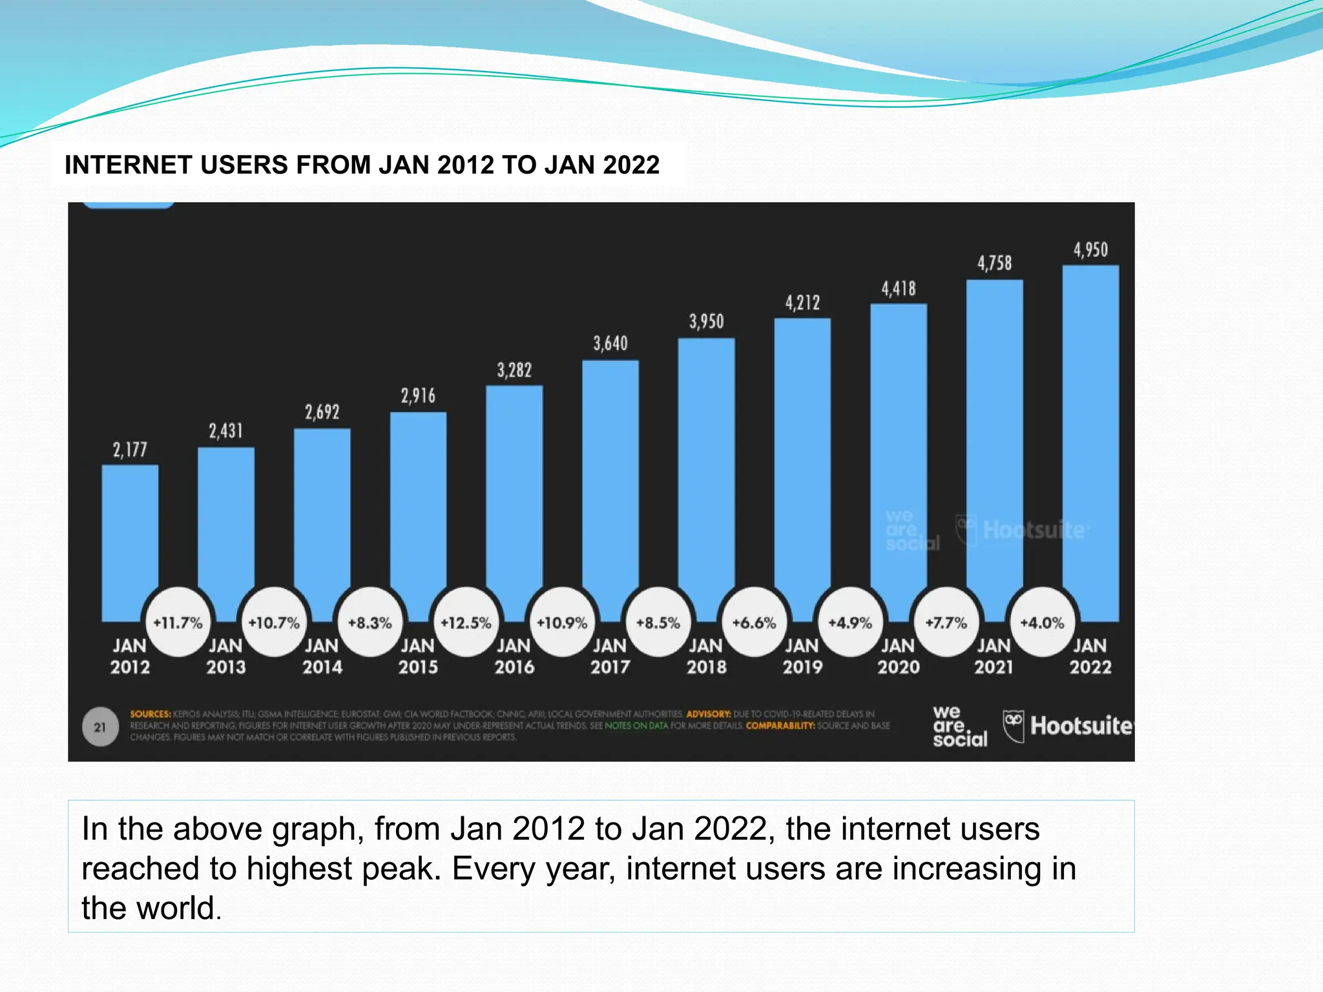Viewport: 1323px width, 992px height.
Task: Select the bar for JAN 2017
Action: [x=610, y=478]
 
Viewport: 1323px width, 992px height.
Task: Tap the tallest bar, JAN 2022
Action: [x=1090, y=439]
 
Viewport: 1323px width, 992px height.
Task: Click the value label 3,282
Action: [x=514, y=371]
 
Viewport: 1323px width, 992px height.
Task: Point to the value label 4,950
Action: [x=1090, y=250]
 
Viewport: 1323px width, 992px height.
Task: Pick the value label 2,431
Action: [x=225, y=431]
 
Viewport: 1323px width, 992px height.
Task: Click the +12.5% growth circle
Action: [x=466, y=623]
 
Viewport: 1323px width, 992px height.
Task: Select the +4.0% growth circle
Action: [x=1042, y=623]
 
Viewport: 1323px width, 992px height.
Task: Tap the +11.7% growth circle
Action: [x=178, y=623]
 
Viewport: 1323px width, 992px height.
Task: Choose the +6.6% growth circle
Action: [x=754, y=623]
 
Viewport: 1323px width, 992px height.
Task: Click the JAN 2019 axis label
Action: [x=802, y=656]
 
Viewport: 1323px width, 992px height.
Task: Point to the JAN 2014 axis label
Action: [x=322, y=656]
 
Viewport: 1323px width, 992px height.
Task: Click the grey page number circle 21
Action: [x=100, y=727]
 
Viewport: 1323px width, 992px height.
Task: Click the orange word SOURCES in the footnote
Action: [x=150, y=714]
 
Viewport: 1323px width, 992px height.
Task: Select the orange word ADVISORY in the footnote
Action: [x=708, y=714]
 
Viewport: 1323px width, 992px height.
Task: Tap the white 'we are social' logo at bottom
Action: [x=959, y=727]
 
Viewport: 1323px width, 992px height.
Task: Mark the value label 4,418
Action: [x=898, y=289]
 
